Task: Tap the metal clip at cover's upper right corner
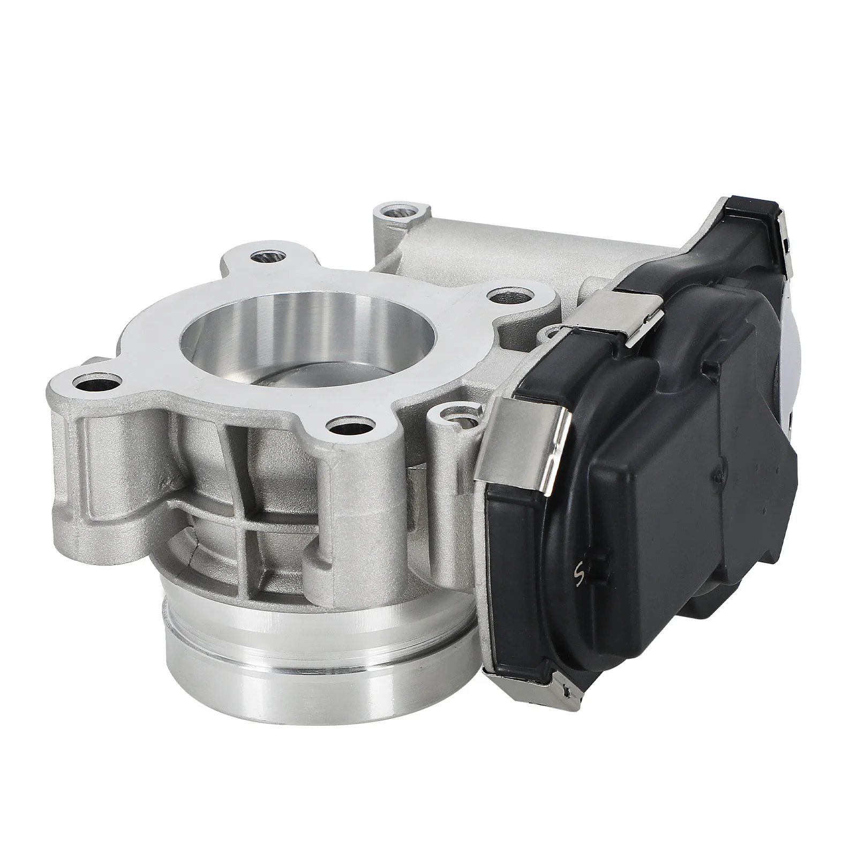point(771,236)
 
